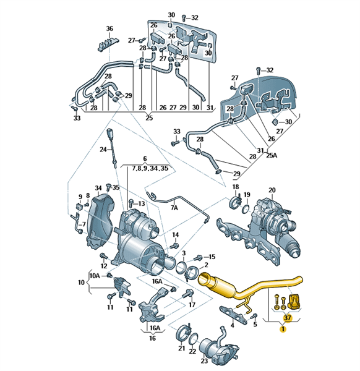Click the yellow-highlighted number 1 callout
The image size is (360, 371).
283,329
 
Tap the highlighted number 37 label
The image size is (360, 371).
288,318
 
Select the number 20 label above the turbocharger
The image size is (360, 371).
272,190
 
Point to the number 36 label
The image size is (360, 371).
109,28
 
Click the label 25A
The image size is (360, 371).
272,155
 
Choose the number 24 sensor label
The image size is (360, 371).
103,150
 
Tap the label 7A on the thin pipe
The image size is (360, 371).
174,208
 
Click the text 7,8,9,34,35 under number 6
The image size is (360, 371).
150,168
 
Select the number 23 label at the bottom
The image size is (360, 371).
204,361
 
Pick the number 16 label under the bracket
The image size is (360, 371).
152,338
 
